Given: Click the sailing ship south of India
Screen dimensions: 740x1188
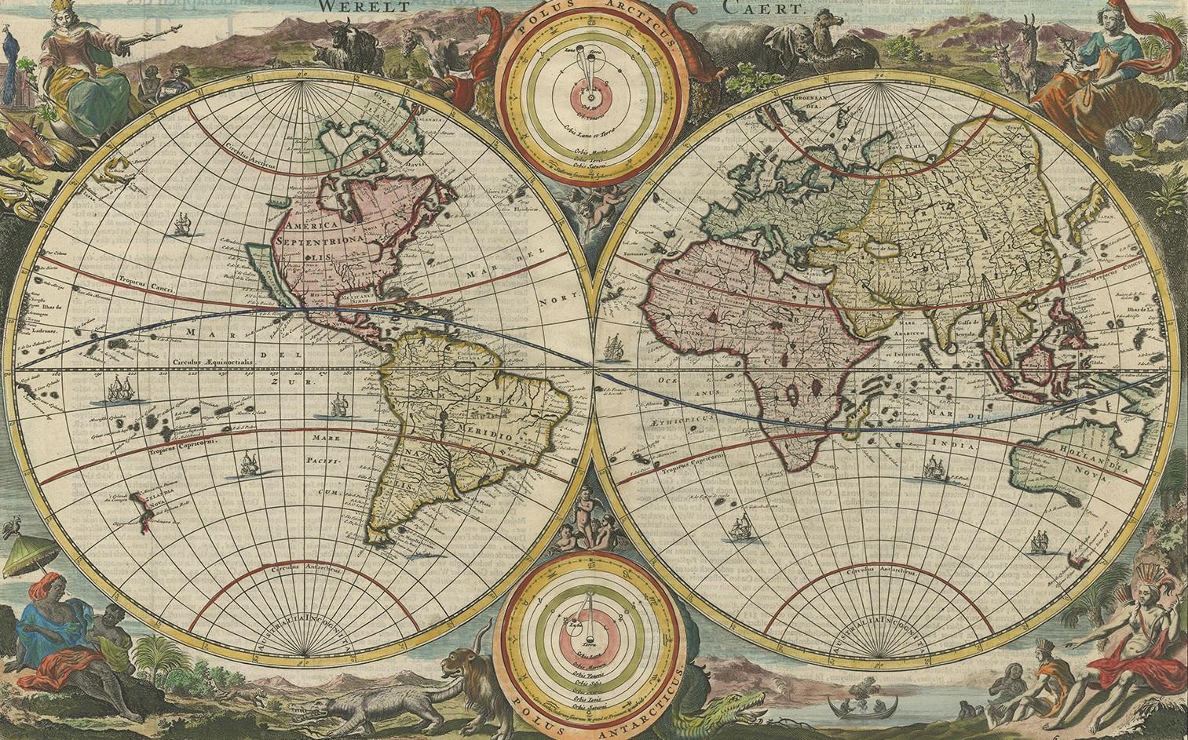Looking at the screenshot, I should [934, 468].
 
